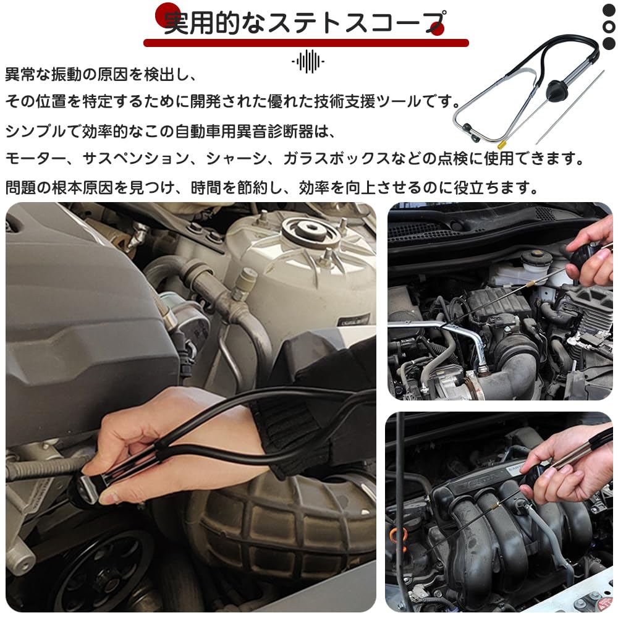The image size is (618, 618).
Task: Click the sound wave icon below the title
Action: click(308, 61)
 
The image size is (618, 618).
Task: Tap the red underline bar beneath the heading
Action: click(306, 43)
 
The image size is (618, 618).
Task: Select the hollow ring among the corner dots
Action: click(609, 27)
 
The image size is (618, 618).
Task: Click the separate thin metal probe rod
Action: click(570, 107)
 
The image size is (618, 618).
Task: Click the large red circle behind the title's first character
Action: click(167, 15)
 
